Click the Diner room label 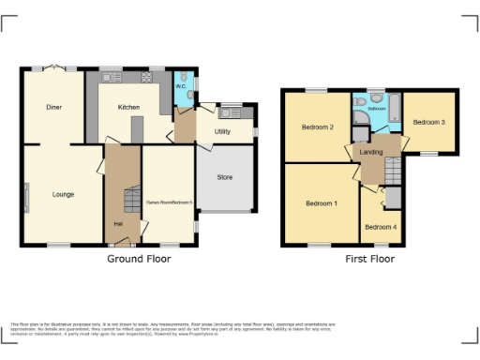pyautogui.click(x=54, y=107)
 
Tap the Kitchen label pyautogui.click(x=128, y=107)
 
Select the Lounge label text pyautogui.click(x=64, y=194)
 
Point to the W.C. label pyautogui.click(x=180, y=90)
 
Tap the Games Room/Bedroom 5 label pyautogui.click(x=168, y=202)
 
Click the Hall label pyautogui.click(x=118, y=224)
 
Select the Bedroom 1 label pyautogui.click(x=322, y=202)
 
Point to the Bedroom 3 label pyautogui.click(x=428, y=122)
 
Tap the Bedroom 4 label pyautogui.click(x=380, y=227)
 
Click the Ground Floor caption pyautogui.click(x=138, y=259)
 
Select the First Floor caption pyautogui.click(x=369, y=259)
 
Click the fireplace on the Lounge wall pyautogui.click(x=26, y=198)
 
